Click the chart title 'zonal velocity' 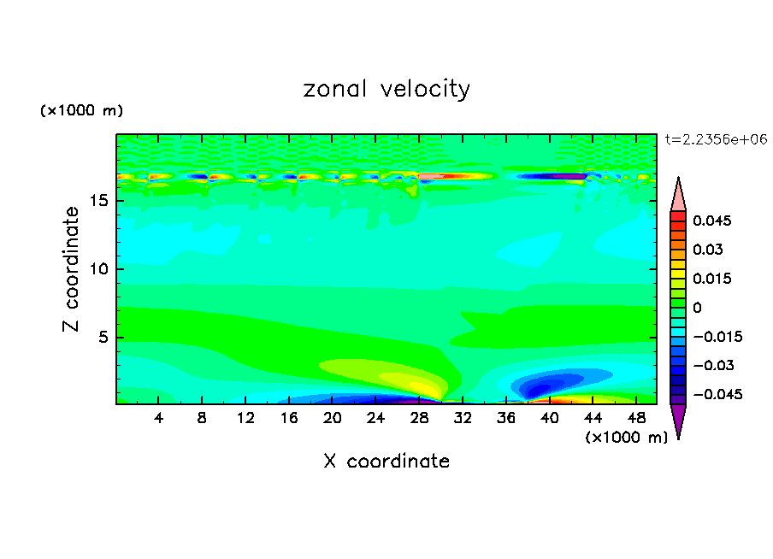[386, 89]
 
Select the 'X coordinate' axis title [386, 462]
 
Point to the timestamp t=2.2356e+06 [716, 138]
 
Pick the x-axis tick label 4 [159, 418]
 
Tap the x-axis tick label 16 [289, 418]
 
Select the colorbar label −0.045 [717, 395]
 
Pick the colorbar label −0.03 [713, 366]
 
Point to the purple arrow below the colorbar [678, 420]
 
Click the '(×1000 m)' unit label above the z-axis [81, 111]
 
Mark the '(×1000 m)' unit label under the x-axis [626, 438]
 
